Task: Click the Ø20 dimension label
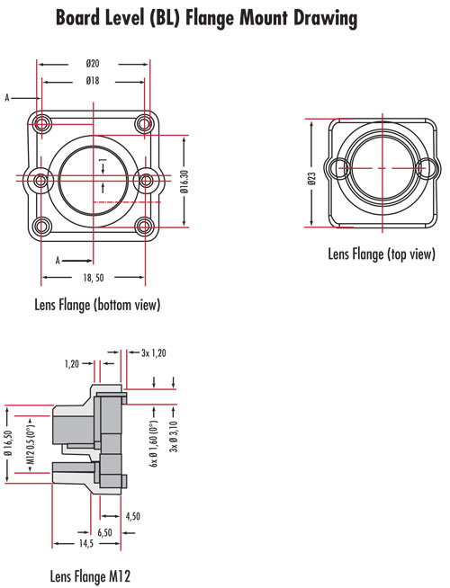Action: click(93, 64)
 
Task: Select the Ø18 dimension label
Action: click(93, 81)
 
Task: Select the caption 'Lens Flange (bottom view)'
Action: click(96, 305)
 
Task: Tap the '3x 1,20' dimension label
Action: click(154, 353)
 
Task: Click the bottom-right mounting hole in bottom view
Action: click(143, 226)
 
